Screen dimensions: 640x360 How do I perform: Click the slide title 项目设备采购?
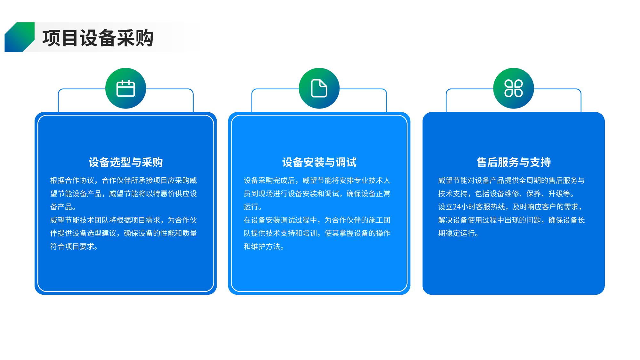click(98, 38)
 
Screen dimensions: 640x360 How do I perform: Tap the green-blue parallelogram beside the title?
click(20, 37)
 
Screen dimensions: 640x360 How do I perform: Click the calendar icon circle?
click(126, 88)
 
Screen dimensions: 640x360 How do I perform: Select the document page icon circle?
click(319, 88)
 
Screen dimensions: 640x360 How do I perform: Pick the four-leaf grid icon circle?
click(514, 88)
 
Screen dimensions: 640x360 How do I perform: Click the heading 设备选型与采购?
click(126, 162)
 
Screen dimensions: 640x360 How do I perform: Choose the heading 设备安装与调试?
click(319, 162)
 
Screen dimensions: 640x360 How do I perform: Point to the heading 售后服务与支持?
click(514, 162)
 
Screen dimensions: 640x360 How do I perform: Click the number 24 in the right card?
click(457, 207)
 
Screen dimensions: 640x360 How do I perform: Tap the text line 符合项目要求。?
click(74, 246)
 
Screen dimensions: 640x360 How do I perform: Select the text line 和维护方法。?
click(264, 246)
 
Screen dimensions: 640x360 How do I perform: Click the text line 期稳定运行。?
click(459, 233)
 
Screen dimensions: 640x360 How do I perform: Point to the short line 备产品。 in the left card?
click(63, 207)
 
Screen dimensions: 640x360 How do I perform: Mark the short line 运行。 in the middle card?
click(253, 207)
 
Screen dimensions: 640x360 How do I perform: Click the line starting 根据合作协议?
click(124, 180)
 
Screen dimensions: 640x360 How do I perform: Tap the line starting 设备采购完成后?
click(317, 180)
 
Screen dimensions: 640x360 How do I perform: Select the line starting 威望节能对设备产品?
click(511, 180)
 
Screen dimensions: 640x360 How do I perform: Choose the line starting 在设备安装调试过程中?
click(317, 220)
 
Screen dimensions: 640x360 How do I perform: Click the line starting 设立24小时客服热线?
click(511, 207)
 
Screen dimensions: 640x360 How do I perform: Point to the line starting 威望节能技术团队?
click(124, 220)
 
